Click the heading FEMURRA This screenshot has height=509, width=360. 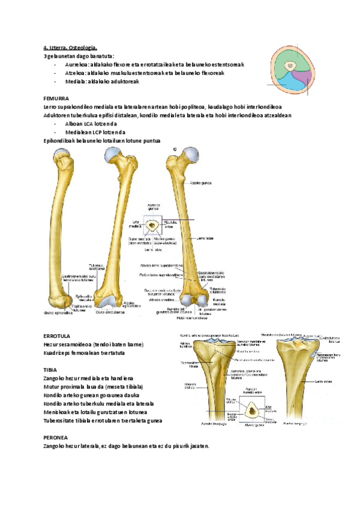click(x=56, y=97)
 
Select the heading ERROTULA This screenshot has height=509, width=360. click(x=57, y=336)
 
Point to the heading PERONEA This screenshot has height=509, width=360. click(x=56, y=437)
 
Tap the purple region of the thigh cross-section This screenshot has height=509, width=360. click(x=305, y=78)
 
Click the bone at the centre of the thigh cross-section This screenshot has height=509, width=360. click(x=290, y=67)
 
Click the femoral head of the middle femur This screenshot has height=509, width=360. click(x=110, y=157)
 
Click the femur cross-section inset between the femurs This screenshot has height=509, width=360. click(x=155, y=226)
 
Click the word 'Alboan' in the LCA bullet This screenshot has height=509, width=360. click(x=74, y=123)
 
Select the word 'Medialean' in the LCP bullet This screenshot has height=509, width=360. click(x=79, y=132)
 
